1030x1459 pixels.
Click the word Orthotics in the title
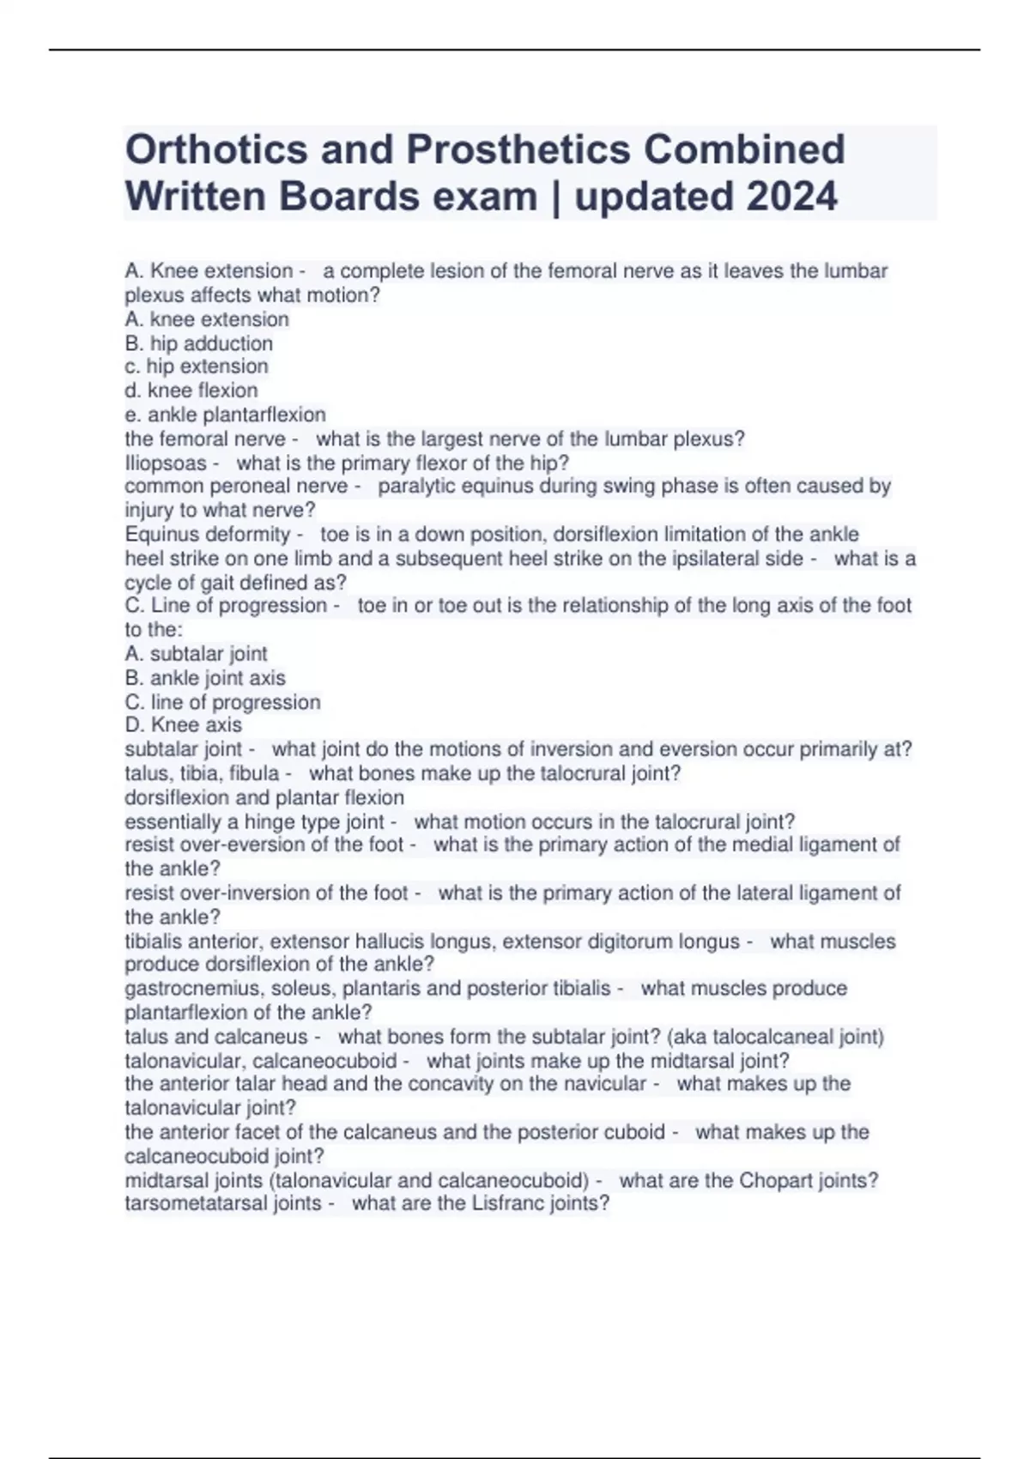(x=216, y=149)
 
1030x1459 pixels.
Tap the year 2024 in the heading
(x=791, y=197)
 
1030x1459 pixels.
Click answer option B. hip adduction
(x=198, y=343)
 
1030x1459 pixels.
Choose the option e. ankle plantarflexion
(x=225, y=415)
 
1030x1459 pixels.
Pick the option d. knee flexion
(x=191, y=390)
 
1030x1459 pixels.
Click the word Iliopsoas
(x=166, y=463)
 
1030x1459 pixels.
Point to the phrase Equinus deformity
(x=207, y=534)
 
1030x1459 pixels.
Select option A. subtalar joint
(x=196, y=654)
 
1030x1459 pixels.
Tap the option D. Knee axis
(x=183, y=725)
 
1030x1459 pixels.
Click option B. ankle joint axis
(x=205, y=678)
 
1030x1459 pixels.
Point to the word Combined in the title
(x=744, y=149)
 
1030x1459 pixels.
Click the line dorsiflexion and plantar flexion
(x=264, y=797)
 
